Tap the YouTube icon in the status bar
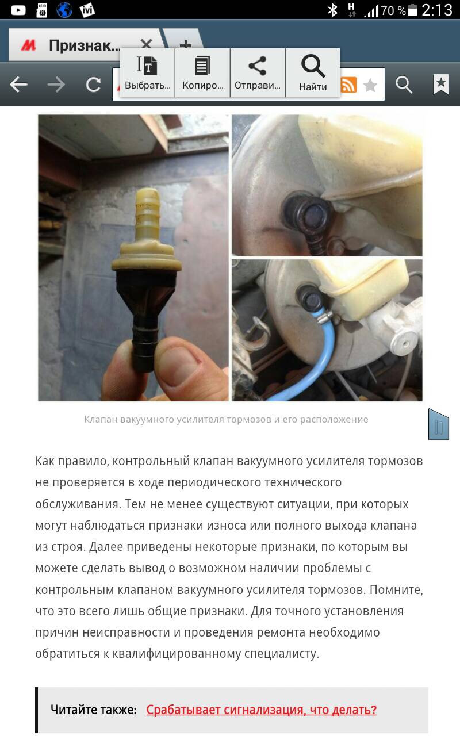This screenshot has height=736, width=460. (18, 10)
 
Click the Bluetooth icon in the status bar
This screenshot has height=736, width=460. (333, 10)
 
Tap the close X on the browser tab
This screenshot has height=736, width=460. (146, 44)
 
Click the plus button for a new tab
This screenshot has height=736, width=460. (186, 44)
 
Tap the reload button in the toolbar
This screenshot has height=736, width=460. (93, 85)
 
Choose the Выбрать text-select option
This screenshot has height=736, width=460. (147, 73)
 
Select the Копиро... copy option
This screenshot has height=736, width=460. (202, 73)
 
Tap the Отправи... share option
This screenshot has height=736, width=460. (258, 73)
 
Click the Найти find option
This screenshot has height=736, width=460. (313, 73)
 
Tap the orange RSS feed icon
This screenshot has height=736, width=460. (348, 85)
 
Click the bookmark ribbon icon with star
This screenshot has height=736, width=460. (441, 84)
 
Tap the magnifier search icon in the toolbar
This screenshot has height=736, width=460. (404, 85)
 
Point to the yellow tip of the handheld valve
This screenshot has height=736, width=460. (148, 193)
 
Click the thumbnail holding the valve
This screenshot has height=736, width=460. (133, 258)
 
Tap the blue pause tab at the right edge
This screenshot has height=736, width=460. (438, 424)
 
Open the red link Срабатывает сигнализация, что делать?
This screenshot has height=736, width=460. (262, 710)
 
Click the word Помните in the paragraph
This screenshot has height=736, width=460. (396, 590)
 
